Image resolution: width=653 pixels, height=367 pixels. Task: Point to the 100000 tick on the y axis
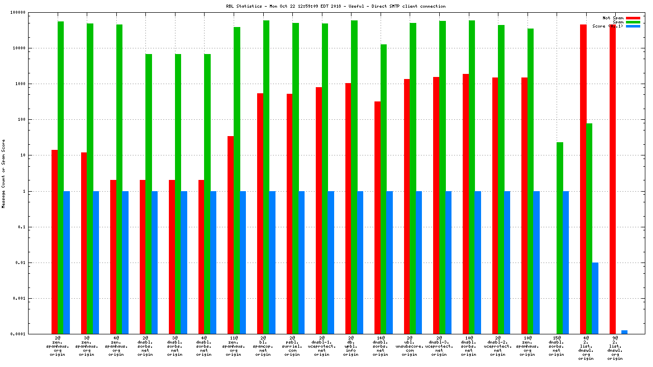35,12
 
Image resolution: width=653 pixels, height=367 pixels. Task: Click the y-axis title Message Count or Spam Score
4,173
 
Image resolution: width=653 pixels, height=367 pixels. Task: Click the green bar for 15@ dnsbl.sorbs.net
560,238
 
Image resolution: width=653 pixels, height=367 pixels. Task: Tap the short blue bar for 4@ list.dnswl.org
595,298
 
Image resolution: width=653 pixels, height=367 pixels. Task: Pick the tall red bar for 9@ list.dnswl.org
613,179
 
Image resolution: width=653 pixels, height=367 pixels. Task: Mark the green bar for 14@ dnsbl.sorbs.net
384,189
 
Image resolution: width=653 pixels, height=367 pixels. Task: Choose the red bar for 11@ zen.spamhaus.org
231,235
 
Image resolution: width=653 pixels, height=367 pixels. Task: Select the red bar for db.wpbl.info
348,208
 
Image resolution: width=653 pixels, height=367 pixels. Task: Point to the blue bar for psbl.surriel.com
302,263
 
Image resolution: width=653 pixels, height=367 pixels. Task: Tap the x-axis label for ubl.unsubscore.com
410,346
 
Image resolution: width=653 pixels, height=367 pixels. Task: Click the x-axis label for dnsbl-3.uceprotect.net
439,346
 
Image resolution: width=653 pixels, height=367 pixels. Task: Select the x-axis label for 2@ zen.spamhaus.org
58,346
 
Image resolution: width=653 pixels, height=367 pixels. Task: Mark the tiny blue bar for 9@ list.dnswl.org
624,332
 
